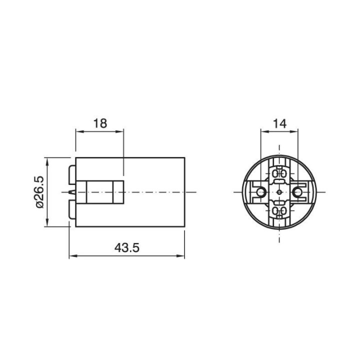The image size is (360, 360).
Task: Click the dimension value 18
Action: [100, 123]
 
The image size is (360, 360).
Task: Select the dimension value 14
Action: [279, 123]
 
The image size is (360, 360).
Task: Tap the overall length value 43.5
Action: [126, 247]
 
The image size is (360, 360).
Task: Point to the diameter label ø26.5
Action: [39, 192]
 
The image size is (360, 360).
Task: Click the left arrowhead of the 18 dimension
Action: [79, 131]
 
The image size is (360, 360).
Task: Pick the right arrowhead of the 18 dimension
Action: [119, 131]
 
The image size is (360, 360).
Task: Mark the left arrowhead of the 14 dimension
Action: [264, 131]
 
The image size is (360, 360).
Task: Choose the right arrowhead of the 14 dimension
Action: [294, 131]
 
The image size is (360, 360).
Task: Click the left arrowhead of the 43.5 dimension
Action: [73, 256]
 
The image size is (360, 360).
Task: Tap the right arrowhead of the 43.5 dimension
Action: [180, 256]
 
